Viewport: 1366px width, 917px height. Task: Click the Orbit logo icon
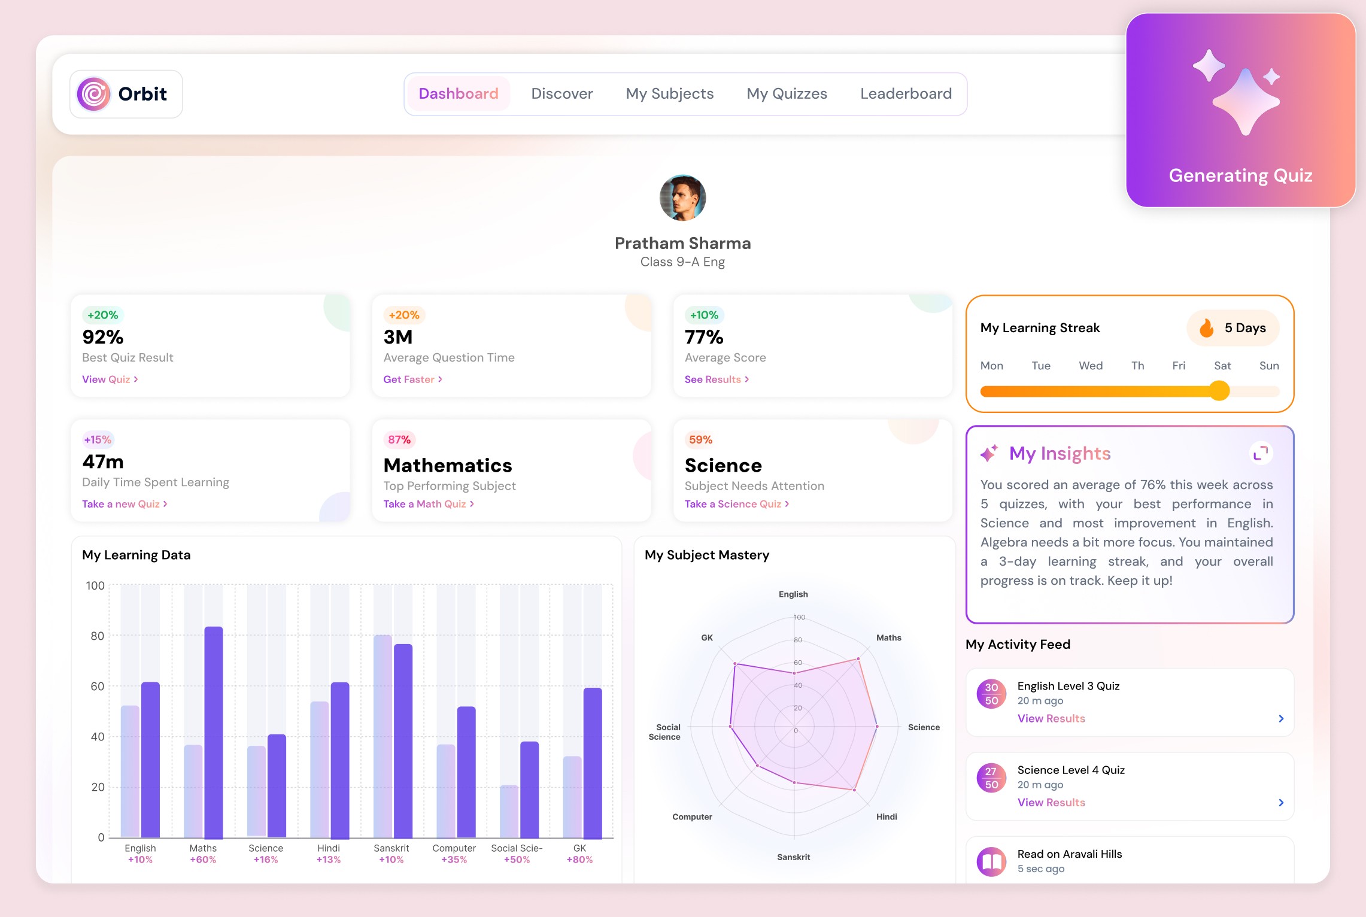94,94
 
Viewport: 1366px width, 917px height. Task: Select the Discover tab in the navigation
561,94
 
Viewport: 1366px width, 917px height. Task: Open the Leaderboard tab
905,94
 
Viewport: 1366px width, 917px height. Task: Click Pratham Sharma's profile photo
682,198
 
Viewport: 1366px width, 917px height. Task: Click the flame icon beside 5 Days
1206,328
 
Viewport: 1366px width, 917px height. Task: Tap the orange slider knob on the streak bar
1219,391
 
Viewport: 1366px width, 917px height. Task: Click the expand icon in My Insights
1261,453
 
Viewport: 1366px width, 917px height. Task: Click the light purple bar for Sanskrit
383,736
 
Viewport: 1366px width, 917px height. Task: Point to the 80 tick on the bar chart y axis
98,636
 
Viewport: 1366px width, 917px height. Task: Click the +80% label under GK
579,860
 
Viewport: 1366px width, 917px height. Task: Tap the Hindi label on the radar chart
886,817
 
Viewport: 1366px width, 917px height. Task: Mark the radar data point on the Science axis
877,727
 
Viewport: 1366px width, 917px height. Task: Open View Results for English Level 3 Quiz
1051,718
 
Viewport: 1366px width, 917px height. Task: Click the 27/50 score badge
991,778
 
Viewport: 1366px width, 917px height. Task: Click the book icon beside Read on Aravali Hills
991,862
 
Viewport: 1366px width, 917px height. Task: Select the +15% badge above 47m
98,440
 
